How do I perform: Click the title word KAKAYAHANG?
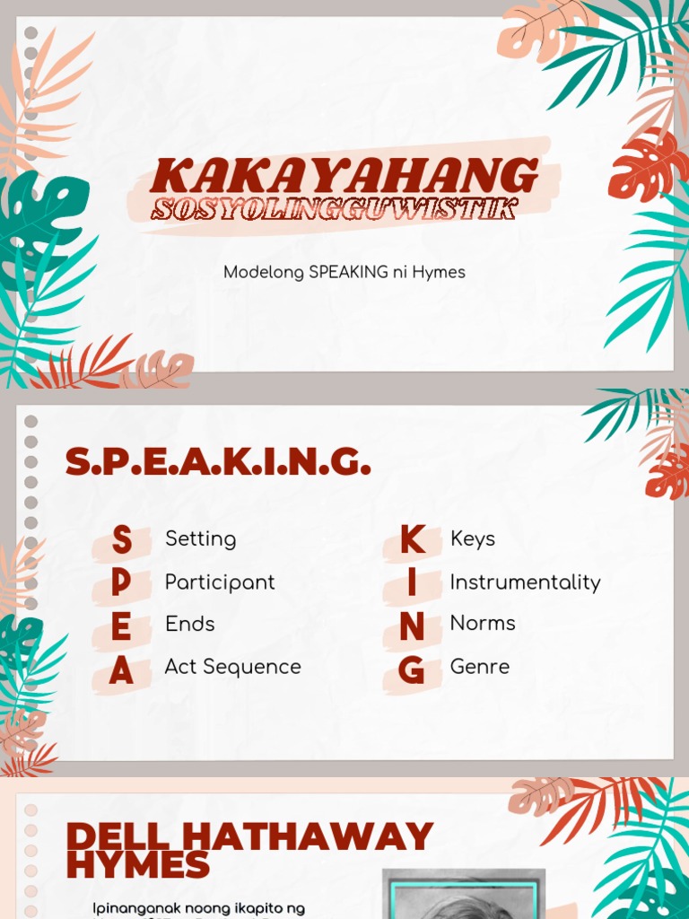point(344,174)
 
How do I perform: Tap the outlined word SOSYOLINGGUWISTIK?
point(334,209)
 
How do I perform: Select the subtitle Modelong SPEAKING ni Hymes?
point(344,272)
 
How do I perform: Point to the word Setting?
point(200,539)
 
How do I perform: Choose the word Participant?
point(220,582)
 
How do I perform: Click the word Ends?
point(189,624)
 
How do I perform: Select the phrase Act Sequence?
point(232,667)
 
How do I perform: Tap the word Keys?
point(472,539)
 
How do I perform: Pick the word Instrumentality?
point(525,582)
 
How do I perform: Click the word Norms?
point(483,623)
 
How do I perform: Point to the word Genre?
point(479,667)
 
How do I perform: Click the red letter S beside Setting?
point(121,541)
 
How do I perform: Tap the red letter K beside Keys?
point(412,540)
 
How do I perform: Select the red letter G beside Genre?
point(412,670)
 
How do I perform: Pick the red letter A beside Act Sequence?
point(121,670)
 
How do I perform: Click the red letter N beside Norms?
point(412,627)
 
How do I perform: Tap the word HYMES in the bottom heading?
point(137,866)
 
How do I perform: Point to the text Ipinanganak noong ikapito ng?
point(198,908)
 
